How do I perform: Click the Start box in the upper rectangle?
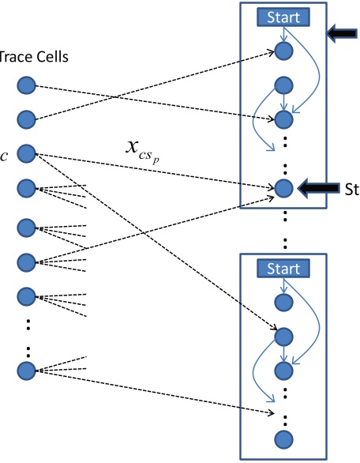283,17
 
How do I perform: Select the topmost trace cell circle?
27,85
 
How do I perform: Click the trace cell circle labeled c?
27,152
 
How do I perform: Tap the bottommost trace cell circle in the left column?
27,369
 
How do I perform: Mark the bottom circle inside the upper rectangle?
283,188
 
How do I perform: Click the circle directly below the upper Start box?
283,51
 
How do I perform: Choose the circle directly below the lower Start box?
283,302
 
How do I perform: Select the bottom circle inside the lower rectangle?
283,439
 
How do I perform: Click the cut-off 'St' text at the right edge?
352,190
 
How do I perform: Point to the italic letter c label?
4,153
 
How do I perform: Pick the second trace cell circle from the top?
27,119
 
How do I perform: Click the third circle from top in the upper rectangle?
283,119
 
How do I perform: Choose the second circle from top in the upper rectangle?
283,85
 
